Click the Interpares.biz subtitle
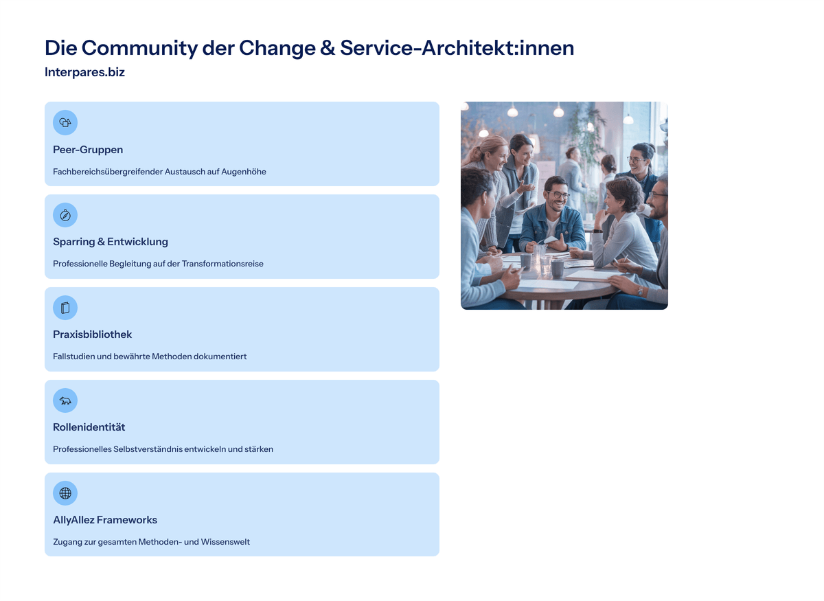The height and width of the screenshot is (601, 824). pos(84,72)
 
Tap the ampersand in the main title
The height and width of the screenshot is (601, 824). pos(328,48)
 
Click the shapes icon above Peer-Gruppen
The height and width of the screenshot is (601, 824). pos(65,122)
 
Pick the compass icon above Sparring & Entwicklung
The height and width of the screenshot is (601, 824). pos(65,215)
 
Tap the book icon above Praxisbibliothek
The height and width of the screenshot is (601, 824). pos(65,308)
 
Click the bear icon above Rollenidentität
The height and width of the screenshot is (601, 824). pos(65,400)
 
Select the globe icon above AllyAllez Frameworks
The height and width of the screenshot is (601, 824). pos(65,493)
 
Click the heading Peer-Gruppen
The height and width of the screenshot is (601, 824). pos(88,150)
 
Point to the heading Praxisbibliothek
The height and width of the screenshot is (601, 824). pos(92,334)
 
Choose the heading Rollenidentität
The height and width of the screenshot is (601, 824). pos(89,427)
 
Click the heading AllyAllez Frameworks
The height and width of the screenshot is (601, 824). pos(105,520)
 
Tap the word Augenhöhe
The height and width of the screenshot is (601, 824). pos(244,172)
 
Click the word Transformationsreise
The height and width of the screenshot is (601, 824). pos(222,264)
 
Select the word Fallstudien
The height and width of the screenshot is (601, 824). pos(74,356)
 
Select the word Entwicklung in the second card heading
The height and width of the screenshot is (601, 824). pos(137,242)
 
